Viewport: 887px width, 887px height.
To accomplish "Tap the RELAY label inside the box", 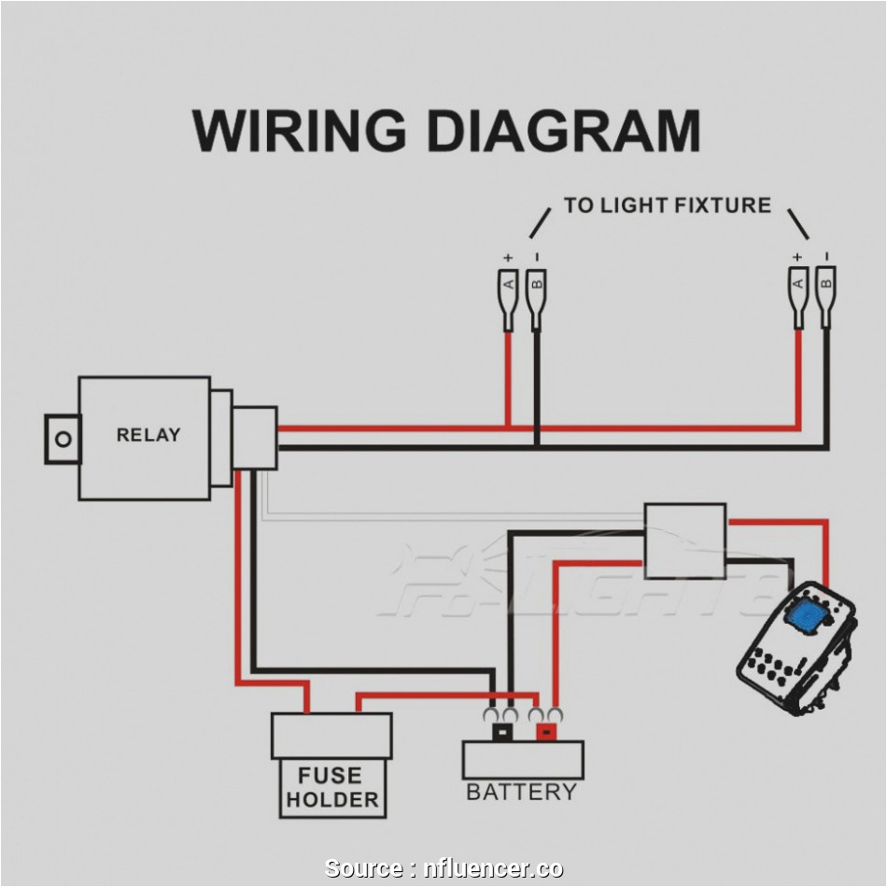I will [148, 435].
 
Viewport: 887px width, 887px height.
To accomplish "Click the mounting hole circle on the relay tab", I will [63, 439].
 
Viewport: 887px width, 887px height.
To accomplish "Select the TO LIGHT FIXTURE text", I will [667, 205].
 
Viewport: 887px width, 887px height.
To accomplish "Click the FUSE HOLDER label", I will [332, 788].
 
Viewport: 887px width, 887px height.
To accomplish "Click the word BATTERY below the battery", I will [521, 793].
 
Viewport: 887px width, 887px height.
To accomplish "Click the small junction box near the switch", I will [684, 541].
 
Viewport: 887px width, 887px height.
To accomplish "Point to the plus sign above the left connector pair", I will [508, 257].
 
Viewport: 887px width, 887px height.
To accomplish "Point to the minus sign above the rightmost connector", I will [826, 256].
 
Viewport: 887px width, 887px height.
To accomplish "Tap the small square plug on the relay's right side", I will [254, 438].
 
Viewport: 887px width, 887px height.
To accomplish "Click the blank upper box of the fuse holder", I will [331, 737].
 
